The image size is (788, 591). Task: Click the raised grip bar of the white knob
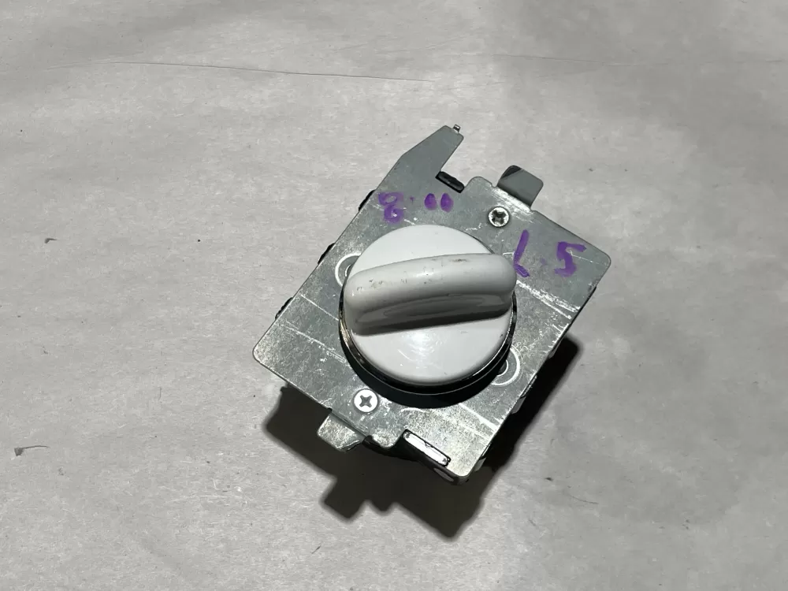click(x=429, y=289)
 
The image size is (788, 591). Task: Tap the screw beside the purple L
click(x=498, y=216)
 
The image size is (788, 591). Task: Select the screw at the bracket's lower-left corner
click(x=365, y=401)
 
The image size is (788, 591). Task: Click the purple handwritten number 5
click(x=568, y=258)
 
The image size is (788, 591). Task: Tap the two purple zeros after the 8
click(x=437, y=203)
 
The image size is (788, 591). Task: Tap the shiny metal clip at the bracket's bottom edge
click(x=426, y=449)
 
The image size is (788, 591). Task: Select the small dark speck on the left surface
click(x=49, y=240)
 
